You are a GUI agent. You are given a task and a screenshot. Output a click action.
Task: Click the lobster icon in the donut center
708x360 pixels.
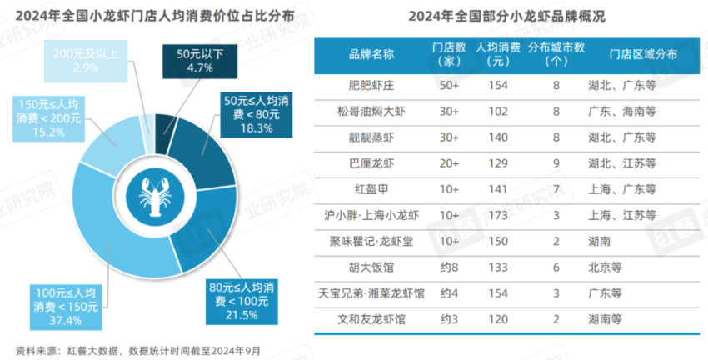155,197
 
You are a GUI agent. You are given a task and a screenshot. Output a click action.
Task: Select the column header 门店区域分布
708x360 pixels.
642,54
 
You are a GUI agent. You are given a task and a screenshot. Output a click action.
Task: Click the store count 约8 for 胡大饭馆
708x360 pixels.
451,267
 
